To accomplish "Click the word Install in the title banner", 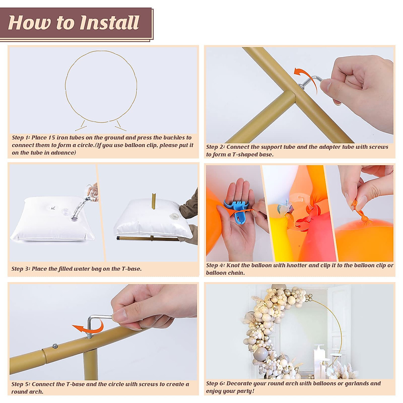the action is [109, 23].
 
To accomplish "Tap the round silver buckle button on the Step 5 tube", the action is [55, 346].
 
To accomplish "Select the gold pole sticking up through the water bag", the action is [154, 201].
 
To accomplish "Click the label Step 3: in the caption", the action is [21, 269].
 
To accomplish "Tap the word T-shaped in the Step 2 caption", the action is [244, 154].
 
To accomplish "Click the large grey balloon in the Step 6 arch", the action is [260, 354].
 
